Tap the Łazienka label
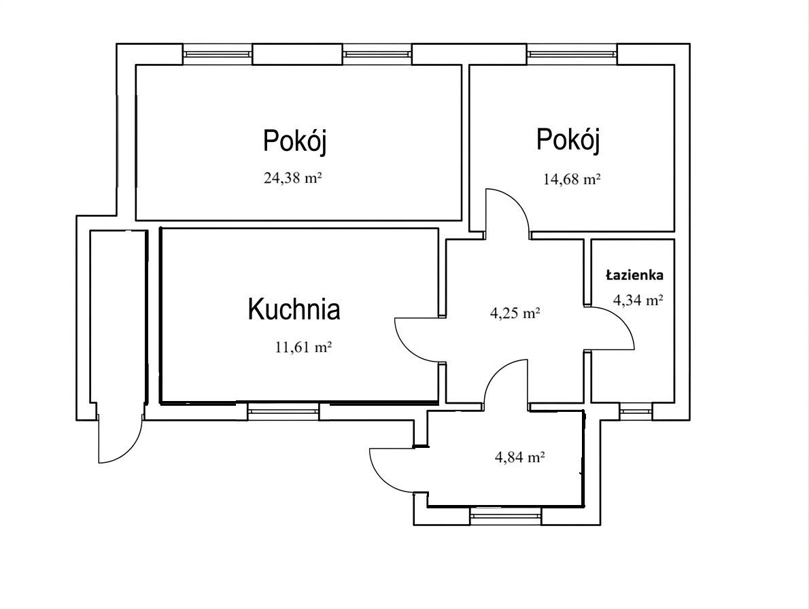tap(634, 275)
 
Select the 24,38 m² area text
tap(292, 178)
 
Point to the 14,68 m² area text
tap(572, 179)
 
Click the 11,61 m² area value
tap(303, 347)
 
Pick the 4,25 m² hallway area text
tap(515, 313)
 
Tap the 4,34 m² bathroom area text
tap(638, 300)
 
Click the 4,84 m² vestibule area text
tap(520, 457)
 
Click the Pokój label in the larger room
tap(294, 140)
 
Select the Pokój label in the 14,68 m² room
tap(568, 139)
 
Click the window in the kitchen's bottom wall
tap(283, 411)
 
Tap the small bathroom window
tap(636, 411)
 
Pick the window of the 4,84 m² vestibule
tap(506, 516)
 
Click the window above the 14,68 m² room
tap(572, 54)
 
